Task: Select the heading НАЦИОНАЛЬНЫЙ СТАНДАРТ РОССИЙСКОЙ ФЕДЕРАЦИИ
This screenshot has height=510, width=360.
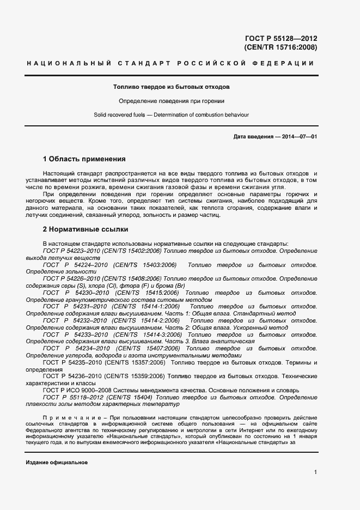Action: tap(170, 64)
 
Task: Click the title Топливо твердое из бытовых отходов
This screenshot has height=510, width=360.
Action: tap(171, 87)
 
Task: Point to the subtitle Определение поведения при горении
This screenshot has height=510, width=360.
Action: tap(171, 101)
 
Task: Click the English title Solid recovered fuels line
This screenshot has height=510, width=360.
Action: tap(171, 114)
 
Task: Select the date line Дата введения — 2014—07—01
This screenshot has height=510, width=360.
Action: tap(274, 136)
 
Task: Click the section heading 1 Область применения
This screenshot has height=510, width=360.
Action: tap(84, 159)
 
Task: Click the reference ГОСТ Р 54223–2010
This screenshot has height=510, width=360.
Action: tap(69, 251)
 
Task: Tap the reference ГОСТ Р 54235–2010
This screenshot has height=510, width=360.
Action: tap(69, 362)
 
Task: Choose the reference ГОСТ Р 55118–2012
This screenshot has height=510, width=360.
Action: tap(69, 398)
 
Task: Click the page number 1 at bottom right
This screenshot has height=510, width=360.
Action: tap(315, 472)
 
